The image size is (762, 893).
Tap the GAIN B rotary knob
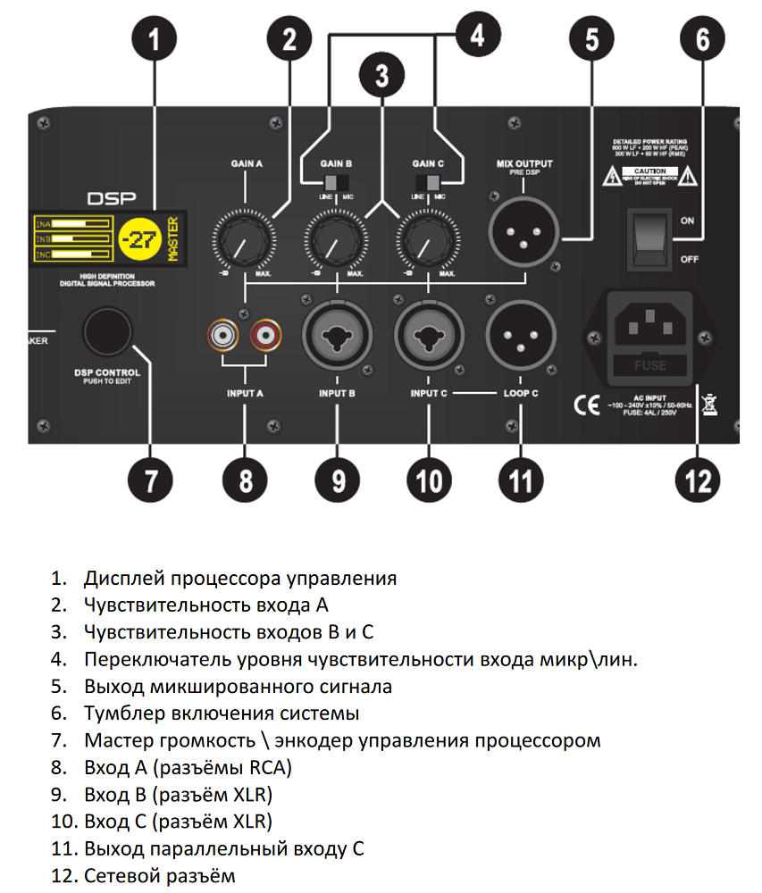pos(335,238)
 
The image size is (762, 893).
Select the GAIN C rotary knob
pos(428,238)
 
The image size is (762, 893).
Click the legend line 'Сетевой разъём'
pos(160,874)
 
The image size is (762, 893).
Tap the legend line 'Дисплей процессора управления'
pos(240,578)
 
